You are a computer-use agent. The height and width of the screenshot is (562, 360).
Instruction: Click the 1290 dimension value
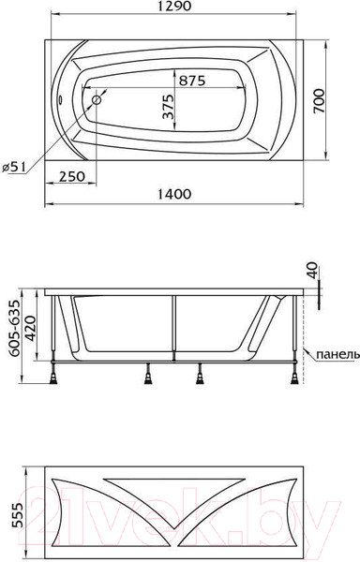(x=174, y=7)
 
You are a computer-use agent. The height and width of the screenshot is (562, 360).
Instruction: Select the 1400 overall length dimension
(x=174, y=194)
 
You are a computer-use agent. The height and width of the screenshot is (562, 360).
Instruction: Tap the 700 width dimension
(x=319, y=101)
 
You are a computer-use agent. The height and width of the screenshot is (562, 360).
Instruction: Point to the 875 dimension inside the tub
(x=192, y=81)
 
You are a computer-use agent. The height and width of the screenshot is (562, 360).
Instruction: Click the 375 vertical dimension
(x=168, y=107)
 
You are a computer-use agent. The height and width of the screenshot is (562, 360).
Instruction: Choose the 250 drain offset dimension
(x=72, y=176)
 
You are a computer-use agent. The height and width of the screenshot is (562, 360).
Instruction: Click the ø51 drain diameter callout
(x=14, y=167)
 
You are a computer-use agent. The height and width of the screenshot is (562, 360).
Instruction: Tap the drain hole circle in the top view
(x=97, y=100)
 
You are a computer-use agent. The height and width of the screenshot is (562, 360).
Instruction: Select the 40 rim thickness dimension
(x=313, y=270)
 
